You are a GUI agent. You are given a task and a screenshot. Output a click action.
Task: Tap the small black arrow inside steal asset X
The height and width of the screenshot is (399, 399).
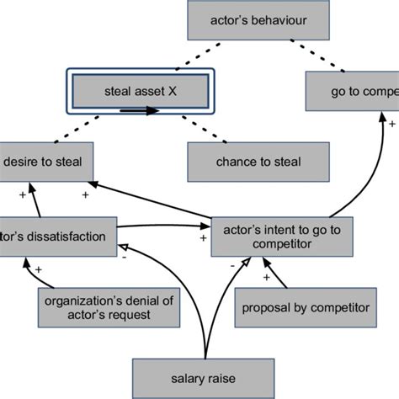[140, 109]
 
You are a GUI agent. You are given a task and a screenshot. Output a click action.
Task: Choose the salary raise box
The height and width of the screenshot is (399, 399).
[205, 375]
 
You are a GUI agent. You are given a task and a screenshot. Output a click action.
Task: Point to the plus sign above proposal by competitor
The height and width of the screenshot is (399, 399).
[266, 275]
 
